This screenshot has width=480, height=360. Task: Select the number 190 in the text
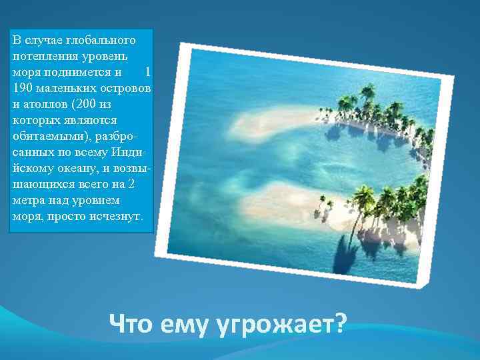click(21, 89)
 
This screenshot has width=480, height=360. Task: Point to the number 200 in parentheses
click(87, 105)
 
